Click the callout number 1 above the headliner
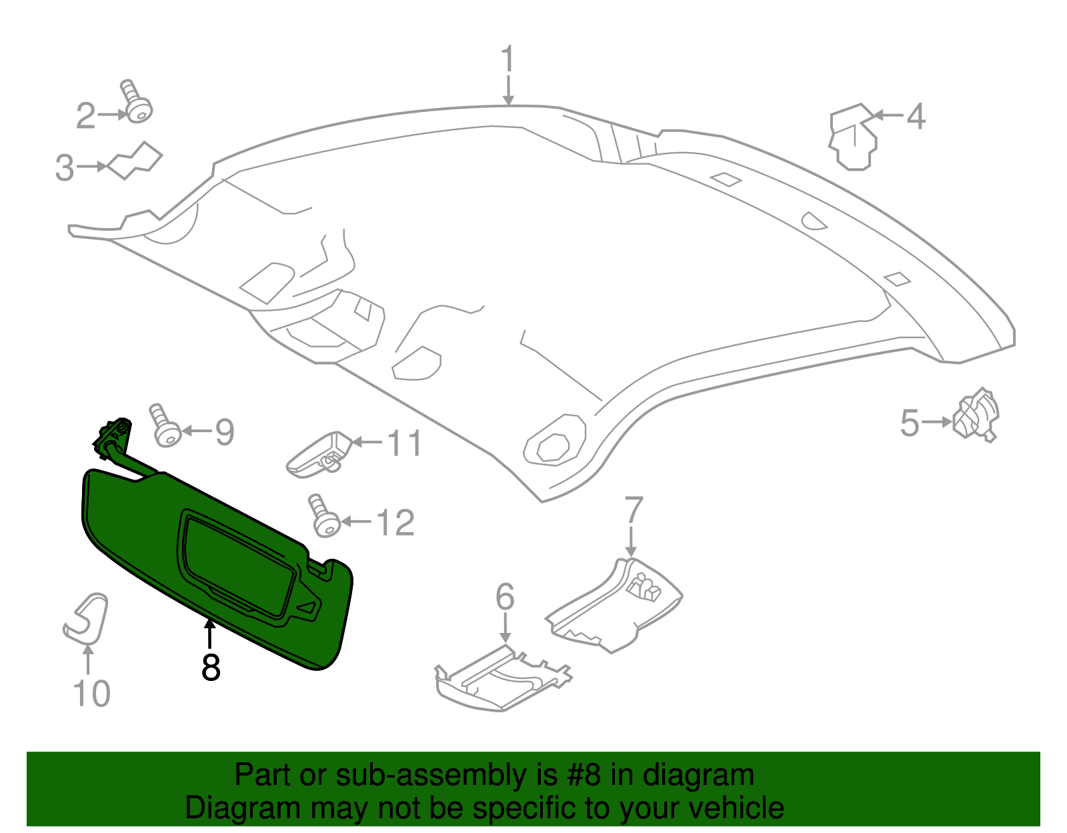[508, 59]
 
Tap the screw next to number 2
[137, 103]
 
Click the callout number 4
[916, 117]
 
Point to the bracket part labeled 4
[852, 138]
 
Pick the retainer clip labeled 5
[976, 415]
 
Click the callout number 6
[505, 596]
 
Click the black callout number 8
[211, 667]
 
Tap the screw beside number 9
[165, 426]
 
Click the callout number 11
[405, 444]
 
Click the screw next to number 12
[324, 516]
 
